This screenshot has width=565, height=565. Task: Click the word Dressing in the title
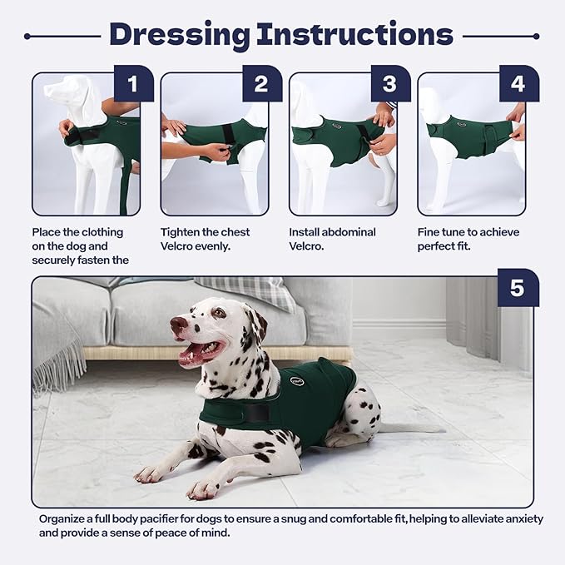(180, 35)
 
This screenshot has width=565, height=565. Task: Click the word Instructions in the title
(355, 35)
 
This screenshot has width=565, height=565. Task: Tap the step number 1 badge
(133, 83)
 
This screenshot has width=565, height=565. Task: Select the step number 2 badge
(261, 83)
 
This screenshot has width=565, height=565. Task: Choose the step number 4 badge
(518, 83)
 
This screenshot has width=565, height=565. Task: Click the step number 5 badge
(517, 288)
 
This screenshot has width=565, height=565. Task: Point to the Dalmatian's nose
(176, 323)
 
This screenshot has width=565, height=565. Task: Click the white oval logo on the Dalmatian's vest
(297, 382)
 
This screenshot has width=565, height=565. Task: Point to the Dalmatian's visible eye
(218, 314)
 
